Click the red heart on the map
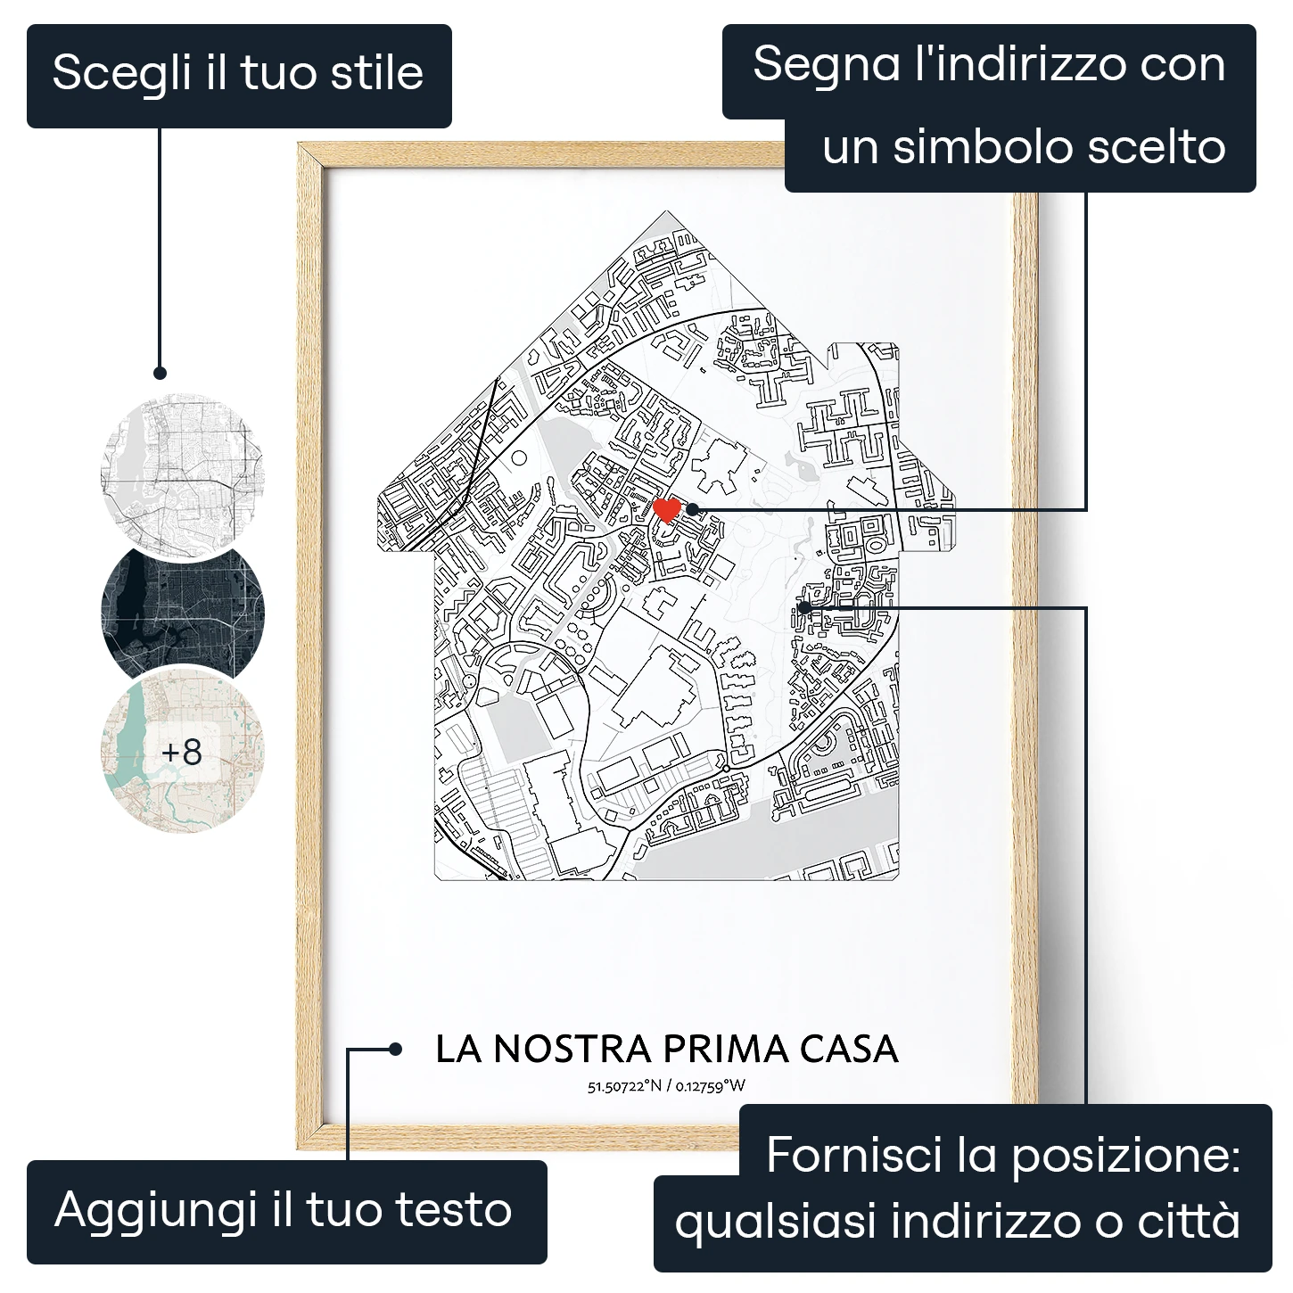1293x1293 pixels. point(666,510)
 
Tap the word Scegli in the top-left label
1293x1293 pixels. point(121,74)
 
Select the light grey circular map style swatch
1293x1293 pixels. point(183,474)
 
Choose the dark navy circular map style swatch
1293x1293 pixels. point(183,612)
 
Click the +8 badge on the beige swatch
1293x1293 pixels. point(182,752)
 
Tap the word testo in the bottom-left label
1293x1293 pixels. point(453,1210)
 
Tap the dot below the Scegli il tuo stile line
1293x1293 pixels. point(160,373)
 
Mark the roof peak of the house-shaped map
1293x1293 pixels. point(666,211)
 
